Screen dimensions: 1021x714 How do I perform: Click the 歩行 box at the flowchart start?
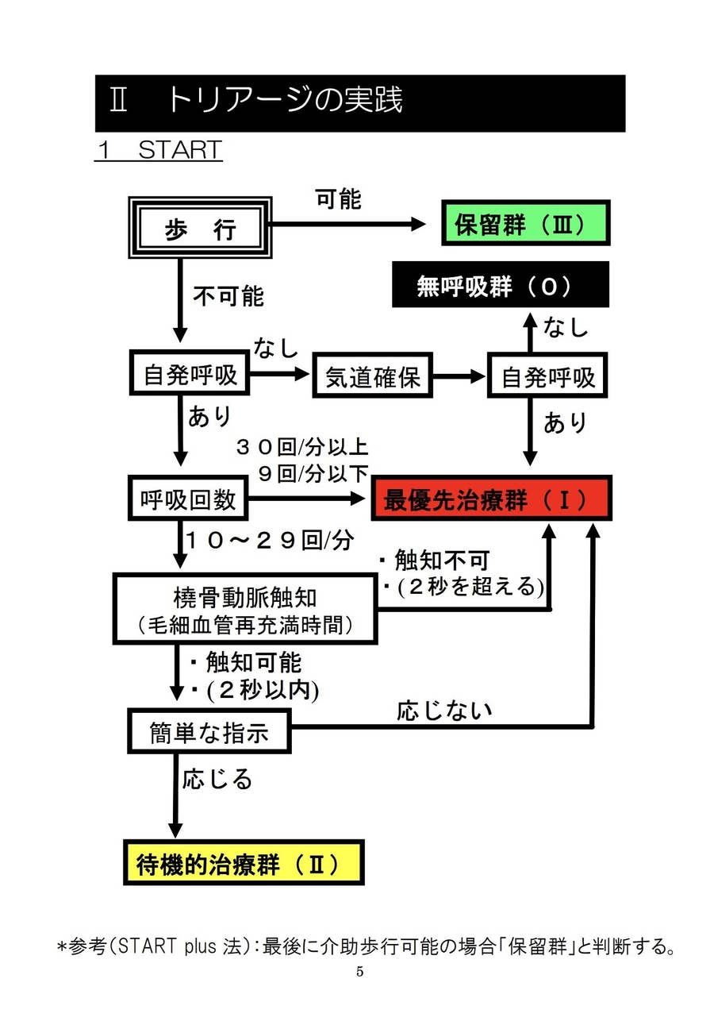[200, 229]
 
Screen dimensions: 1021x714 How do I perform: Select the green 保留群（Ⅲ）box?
[524, 224]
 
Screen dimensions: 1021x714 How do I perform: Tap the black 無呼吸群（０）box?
[500, 285]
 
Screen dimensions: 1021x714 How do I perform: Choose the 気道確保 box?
[372, 376]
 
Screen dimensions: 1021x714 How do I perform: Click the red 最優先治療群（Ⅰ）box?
[491, 499]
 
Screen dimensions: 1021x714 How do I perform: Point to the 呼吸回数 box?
[187, 499]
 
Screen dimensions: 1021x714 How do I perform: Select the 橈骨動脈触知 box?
[244, 609]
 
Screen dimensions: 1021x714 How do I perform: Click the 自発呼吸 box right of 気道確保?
[547, 376]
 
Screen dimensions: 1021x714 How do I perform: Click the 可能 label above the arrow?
[339, 200]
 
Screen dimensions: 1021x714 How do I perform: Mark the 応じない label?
[443, 711]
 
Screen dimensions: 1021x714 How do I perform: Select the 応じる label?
[217, 778]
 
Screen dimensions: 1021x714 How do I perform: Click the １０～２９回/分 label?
[270, 540]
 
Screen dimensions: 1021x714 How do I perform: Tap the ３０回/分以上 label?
[301, 446]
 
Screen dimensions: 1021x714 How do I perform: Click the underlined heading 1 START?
[158, 150]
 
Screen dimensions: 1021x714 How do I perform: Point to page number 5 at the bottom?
[359, 972]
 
